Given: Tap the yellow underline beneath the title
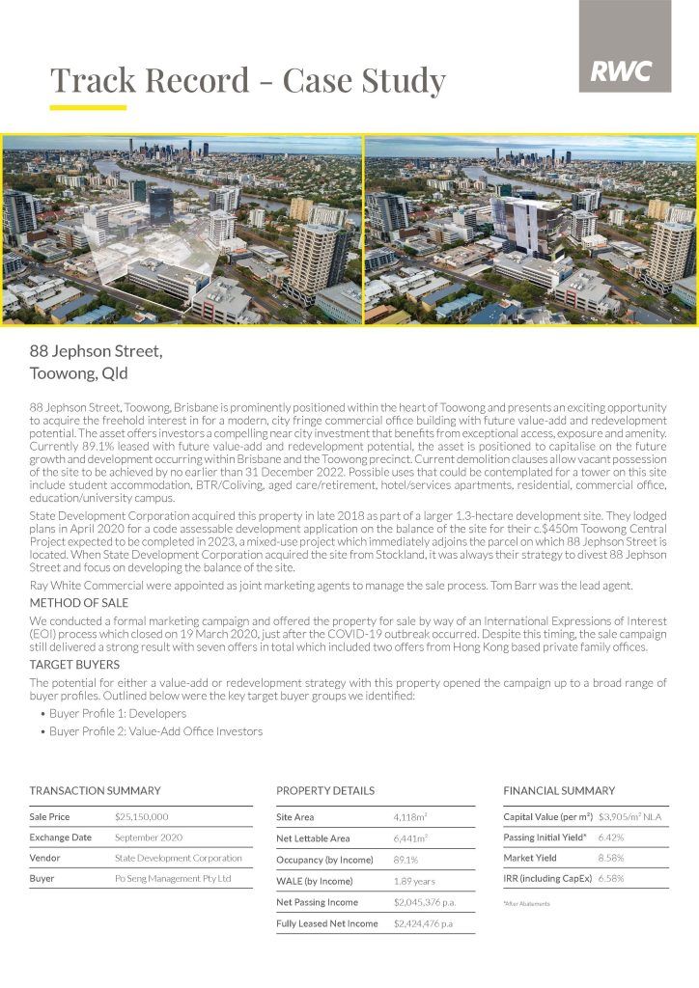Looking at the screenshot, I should [88, 106].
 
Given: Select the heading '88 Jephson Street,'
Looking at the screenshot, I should [96, 351].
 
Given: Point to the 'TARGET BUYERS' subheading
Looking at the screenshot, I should [74, 665].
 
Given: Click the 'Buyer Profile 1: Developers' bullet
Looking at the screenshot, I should [118, 713].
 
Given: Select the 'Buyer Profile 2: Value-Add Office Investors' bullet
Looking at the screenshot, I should [155, 731].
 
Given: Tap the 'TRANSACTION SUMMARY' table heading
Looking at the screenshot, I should [95, 790].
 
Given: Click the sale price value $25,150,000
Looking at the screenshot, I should [141, 816].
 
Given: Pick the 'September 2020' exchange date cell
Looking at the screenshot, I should [148, 837].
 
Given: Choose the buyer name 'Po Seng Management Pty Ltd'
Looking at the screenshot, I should [173, 879].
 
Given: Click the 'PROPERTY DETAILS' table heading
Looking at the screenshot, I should [325, 790].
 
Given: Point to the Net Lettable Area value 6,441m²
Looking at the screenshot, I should [410, 838].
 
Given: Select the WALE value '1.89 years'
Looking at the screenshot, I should [414, 881].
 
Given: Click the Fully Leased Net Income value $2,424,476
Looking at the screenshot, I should [423, 923].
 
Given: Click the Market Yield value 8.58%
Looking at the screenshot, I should [611, 859].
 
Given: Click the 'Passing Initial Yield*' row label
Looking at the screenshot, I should [545, 837].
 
